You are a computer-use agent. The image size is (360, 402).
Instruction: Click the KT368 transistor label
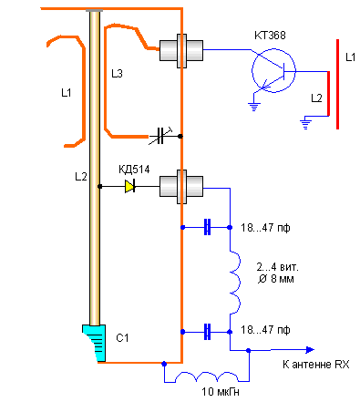click(x=270, y=36)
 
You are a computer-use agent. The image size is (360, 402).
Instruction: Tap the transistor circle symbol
click(x=273, y=70)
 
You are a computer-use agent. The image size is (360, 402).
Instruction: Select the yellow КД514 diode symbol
click(x=130, y=186)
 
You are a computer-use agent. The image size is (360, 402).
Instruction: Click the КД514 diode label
click(x=134, y=170)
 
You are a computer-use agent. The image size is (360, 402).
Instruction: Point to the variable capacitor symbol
click(x=160, y=136)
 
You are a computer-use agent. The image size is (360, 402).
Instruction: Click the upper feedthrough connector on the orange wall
click(x=181, y=51)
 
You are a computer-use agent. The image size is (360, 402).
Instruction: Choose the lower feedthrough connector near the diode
click(x=181, y=187)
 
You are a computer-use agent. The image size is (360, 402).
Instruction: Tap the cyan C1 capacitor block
click(x=95, y=343)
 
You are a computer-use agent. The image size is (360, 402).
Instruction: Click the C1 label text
click(x=122, y=338)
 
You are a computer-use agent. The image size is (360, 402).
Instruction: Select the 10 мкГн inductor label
click(x=221, y=392)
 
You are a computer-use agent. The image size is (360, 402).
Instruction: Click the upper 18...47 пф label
click(x=265, y=228)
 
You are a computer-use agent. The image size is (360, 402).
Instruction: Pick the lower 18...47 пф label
click(x=265, y=330)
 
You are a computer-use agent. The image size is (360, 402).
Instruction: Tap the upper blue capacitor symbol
click(x=207, y=227)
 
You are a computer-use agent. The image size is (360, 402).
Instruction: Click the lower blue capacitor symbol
click(x=207, y=332)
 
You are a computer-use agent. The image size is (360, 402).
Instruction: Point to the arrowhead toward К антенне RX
click(x=310, y=350)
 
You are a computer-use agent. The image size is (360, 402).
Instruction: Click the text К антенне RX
click(x=316, y=364)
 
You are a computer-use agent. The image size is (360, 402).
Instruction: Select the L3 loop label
click(x=117, y=74)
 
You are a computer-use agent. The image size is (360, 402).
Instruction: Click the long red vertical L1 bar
click(x=337, y=84)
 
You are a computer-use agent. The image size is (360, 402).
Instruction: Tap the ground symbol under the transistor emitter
click(x=254, y=107)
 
